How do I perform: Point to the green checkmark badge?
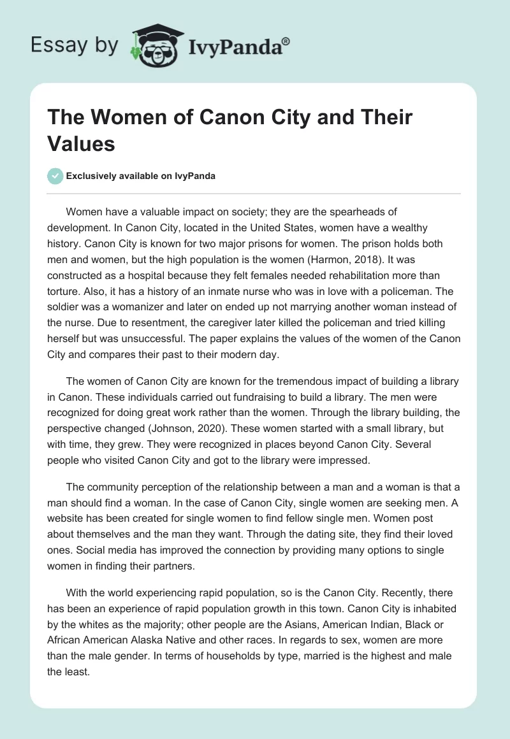pos(55,176)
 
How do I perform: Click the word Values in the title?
pos(81,143)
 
